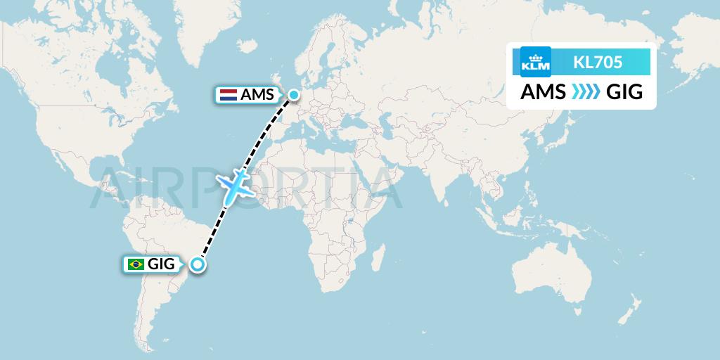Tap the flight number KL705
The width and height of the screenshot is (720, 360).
pyautogui.click(x=598, y=63)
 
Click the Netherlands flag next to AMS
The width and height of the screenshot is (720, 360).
pyautogui.click(x=229, y=95)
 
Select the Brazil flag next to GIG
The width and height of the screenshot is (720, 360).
pyautogui.click(x=134, y=264)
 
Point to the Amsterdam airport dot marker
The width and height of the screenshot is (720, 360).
pyautogui.click(x=293, y=94)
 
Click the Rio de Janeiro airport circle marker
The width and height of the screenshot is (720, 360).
pyautogui.click(x=198, y=264)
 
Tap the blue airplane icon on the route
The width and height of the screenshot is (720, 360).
pyautogui.click(x=236, y=186)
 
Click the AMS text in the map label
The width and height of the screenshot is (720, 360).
pyautogui.click(x=257, y=95)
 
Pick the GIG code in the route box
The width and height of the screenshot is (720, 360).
pyautogui.click(x=624, y=92)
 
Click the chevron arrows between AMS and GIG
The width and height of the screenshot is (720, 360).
pyautogui.click(x=584, y=92)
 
